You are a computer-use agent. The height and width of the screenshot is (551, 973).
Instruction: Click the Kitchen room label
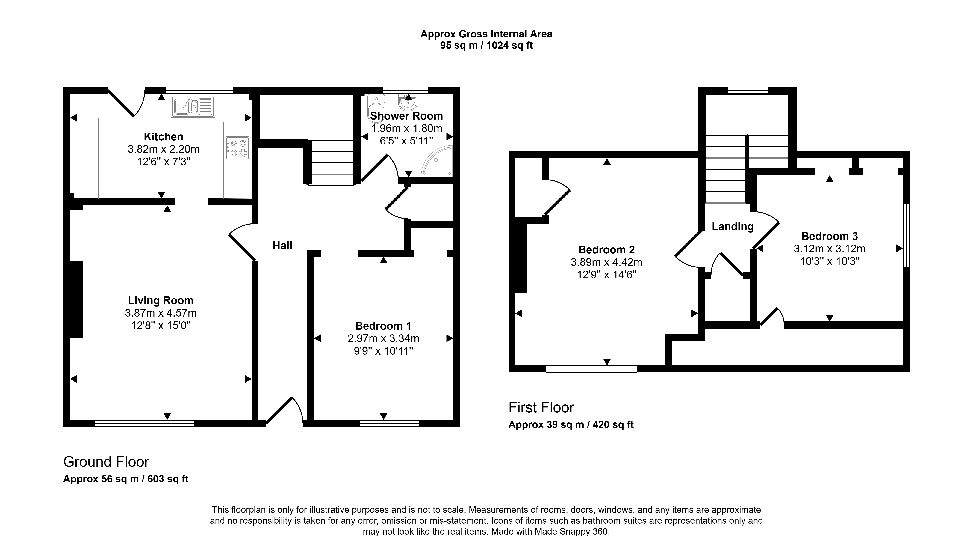tap(163, 137)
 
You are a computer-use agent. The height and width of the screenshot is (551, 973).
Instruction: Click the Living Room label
tap(161, 300)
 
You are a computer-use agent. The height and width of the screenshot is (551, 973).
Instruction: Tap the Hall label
tap(282, 246)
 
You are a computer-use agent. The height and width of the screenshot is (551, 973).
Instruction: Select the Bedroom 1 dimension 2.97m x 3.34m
tap(383, 338)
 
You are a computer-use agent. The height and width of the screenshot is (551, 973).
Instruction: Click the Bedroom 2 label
tap(607, 250)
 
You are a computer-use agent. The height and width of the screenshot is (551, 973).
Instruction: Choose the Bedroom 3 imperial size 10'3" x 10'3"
tap(830, 261)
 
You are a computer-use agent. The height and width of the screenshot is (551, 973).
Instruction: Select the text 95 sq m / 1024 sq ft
tap(486, 45)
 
